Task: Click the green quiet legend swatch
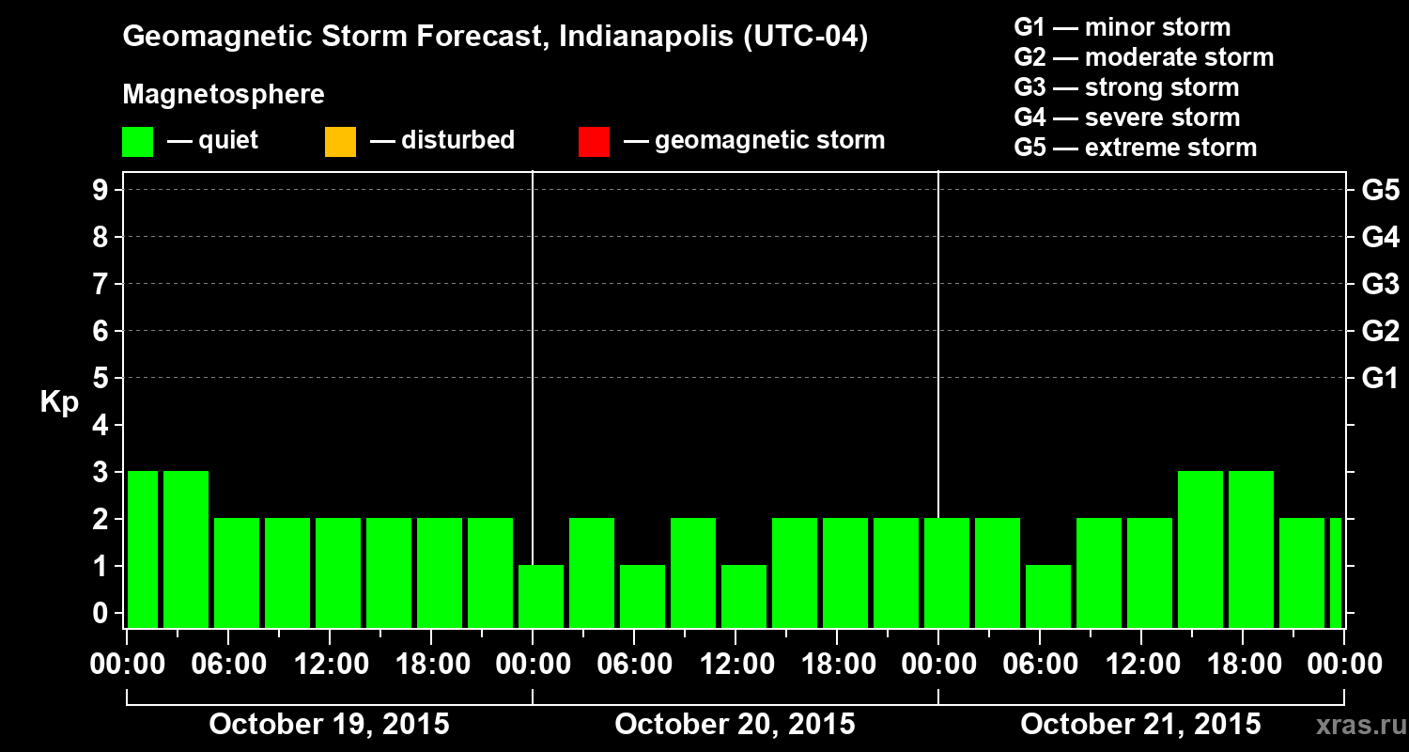pyautogui.click(x=137, y=142)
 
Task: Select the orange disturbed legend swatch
pyautogui.click(x=340, y=142)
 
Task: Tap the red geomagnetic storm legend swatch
pyautogui.click(x=594, y=142)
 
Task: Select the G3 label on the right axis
pyautogui.click(x=1380, y=284)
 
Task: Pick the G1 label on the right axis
pyautogui.click(x=1380, y=379)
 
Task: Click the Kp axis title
pyautogui.click(x=59, y=402)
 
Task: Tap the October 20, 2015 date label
pyautogui.click(x=735, y=725)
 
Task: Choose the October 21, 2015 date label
pyautogui.click(x=1140, y=725)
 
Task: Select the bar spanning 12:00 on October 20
pyautogui.click(x=744, y=596)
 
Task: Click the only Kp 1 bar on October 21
pyautogui.click(x=1048, y=596)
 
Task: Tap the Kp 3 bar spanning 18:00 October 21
pyautogui.click(x=1251, y=549)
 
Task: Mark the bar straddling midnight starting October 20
pyautogui.click(x=541, y=596)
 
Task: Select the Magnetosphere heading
pyautogui.click(x=224, y=95)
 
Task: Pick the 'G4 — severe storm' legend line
pyautogui.click(x=1127, y=117)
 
